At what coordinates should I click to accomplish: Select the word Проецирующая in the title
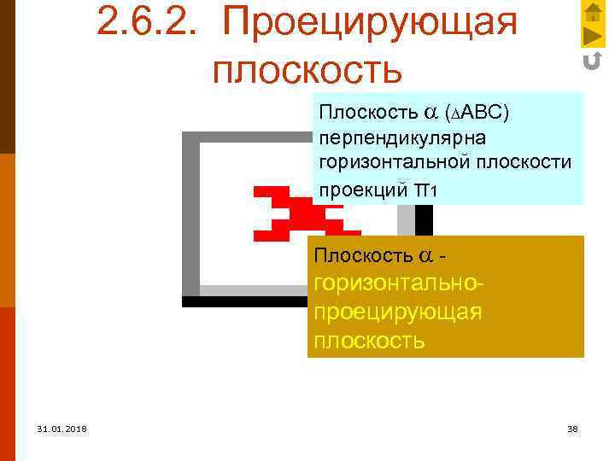(x=369, y=24)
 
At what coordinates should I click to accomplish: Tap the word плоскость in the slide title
(x=307, y=70)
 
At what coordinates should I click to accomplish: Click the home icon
(x=592, y=12)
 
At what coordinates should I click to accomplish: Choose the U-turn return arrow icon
(x=592, y=61)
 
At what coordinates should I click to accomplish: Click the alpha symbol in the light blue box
(x=428, y=114)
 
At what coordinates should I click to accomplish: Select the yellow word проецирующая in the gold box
(x=398, y=312)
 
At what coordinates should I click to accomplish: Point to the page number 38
(x=572, y=429)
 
